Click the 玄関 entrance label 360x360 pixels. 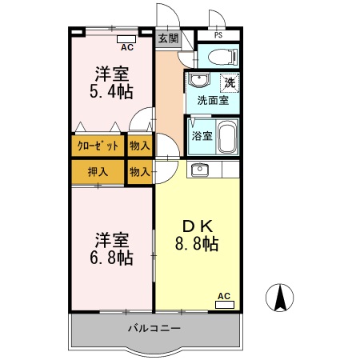[x=168, y=38]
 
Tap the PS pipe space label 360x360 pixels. [x=218, y=35]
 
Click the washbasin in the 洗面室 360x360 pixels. [x=199, y=79]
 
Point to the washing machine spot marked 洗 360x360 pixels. [x=230, y=83]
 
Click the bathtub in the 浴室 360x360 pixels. [x=227, y=137]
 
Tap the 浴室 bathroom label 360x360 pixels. [x=202, y=136]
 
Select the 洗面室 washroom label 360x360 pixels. [x=213, y=101]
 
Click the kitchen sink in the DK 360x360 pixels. [x=199, y=170]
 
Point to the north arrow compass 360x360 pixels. [x=279, y=298]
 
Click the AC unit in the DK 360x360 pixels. [x=225, y=305]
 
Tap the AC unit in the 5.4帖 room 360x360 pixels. [x=126, y=39]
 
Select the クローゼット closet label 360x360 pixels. [x=98, y=146]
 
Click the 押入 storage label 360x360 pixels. [x=98, y=172]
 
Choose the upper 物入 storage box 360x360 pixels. [x=140, y=146]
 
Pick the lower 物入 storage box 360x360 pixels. [x=140, y=172]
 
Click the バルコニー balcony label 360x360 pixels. [x=154, y=328]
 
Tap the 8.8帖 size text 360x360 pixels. [x=197, y=243]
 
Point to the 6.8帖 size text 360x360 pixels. [x=111, y=258]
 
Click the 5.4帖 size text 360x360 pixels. [x=111, y=91]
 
